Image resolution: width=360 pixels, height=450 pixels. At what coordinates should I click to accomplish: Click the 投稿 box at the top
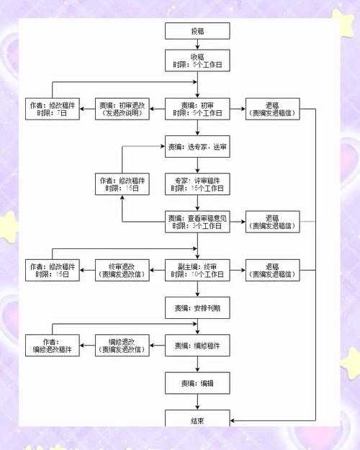pos(197,31)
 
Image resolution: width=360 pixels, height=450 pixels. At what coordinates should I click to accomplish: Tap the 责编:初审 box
pos(197,109)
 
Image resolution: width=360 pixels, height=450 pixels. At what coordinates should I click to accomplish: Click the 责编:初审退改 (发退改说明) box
pos(122,109)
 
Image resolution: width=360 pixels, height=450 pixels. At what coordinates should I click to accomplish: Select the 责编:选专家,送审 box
pos(197,146)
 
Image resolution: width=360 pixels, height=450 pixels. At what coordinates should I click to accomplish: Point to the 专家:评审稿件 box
pos(197,184)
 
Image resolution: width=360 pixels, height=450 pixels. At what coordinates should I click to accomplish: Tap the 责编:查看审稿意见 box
pos(197,222)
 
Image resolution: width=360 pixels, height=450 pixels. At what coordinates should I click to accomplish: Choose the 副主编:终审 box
pos(197,269)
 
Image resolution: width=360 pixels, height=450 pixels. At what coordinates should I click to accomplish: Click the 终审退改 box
pos(122,269)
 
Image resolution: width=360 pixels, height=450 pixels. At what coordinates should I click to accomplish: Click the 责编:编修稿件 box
pos(197,346)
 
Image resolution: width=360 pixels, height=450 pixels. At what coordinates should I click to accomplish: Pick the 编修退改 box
pos(122,346)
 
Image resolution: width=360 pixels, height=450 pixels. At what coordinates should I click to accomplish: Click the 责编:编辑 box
pos(197,383)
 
